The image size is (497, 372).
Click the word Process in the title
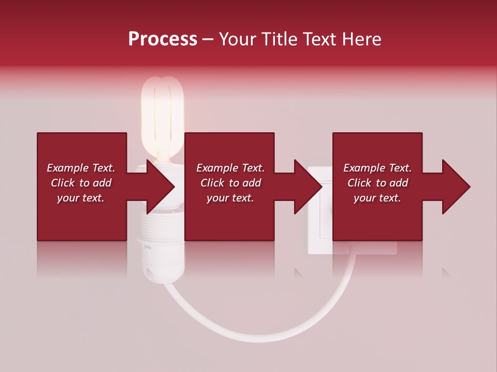tap(163, 39)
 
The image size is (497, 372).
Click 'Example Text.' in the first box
tap(81, 168)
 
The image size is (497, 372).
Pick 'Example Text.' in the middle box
tap(230, 168)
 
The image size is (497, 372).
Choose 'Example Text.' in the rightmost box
tap(377, 168)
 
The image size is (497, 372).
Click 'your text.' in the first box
tap(81, 198)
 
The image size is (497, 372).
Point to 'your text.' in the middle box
tap(230, 198)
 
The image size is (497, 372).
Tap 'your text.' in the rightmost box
tap(377, 198)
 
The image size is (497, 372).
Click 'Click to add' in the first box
tap(81, 183)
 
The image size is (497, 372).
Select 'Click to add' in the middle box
tap(230, 183)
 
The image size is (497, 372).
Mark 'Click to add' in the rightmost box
tap(377, 183)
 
